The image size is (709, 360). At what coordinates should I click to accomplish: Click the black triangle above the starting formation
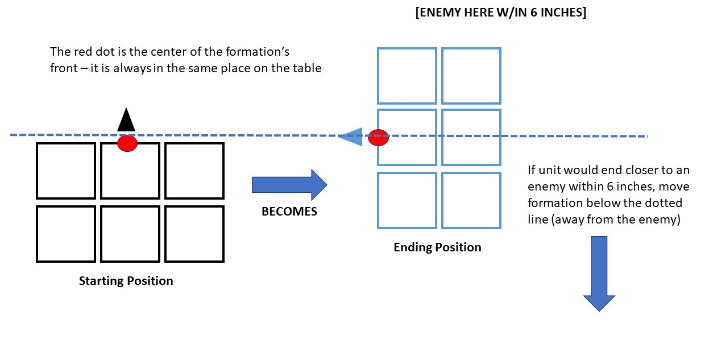(x=126, y=121)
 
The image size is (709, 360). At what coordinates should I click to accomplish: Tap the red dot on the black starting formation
(x=127, y=143)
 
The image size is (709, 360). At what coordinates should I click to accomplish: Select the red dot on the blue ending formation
(x=378, y=138)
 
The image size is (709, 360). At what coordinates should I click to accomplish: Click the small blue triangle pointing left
(x=350, y=136)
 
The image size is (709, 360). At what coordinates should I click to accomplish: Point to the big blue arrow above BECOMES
(x=289, y=184)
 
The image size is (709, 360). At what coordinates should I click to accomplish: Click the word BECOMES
(x=289, y=212)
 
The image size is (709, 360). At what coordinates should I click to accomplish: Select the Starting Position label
(x=126, y=281)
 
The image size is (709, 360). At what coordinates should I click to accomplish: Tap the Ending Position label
(x=437, y=247)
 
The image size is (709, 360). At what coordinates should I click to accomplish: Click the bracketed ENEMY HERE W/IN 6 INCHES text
(x=501, y=13)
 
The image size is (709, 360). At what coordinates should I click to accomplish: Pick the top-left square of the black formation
(x=66, y=170)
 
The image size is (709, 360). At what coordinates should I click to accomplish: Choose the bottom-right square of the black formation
(x=194, y=234)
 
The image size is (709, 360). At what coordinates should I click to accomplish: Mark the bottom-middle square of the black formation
(x=130, y=234)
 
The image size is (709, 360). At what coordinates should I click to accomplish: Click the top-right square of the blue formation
(x=471, y=76)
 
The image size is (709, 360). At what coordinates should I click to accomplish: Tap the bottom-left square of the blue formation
(x=407, y=200)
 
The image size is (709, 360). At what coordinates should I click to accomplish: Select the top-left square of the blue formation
(x=407, y=76)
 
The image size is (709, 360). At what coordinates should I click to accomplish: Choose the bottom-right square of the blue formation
(x=471, y=200)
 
